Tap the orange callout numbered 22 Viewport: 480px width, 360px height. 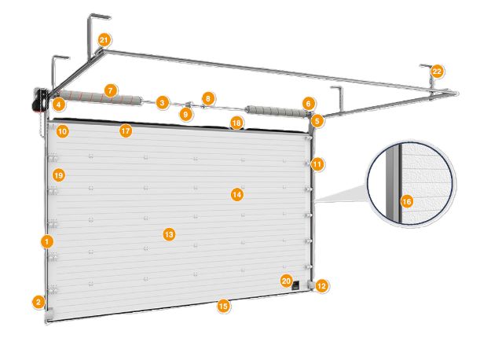click(437, 72)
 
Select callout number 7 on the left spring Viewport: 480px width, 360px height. click(111, 90)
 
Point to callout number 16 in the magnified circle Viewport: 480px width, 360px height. click(406, 202)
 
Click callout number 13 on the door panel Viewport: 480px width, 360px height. click(167, 233)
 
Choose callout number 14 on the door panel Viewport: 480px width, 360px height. click(236, 193)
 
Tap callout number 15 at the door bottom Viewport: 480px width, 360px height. click(224, 306)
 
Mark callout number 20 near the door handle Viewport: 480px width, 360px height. click(286, 281)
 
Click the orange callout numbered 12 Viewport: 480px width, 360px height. click(322, 286)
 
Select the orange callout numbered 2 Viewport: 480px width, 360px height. click(38, 300)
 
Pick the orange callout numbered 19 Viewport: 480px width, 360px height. click(57, 174)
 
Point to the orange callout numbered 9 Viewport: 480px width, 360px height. click(185, 114)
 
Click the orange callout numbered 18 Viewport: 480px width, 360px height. click(236, 122)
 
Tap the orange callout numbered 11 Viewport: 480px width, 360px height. click(317, 164)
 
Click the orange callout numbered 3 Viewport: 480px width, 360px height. click(162, 102)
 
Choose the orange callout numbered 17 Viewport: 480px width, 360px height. click(126, 130)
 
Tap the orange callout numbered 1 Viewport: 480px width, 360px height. click(47, 241)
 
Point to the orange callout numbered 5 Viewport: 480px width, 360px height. click(317, 121)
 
